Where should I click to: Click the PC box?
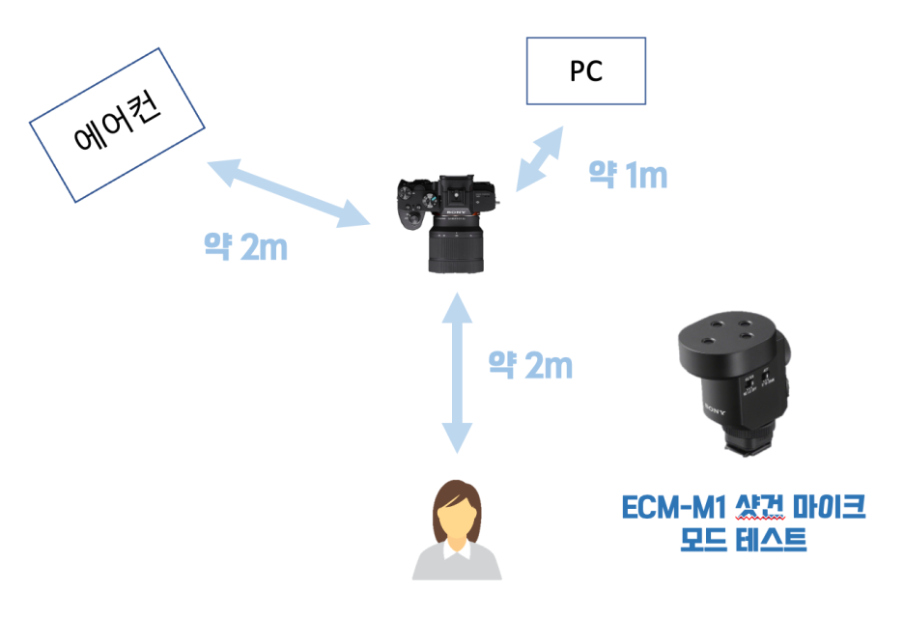coord(585,71)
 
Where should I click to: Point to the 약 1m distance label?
coord(628,175)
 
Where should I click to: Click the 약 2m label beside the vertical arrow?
coord(530,366)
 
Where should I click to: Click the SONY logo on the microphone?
coord(715,416)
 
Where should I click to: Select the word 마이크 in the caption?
coord(827,508)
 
